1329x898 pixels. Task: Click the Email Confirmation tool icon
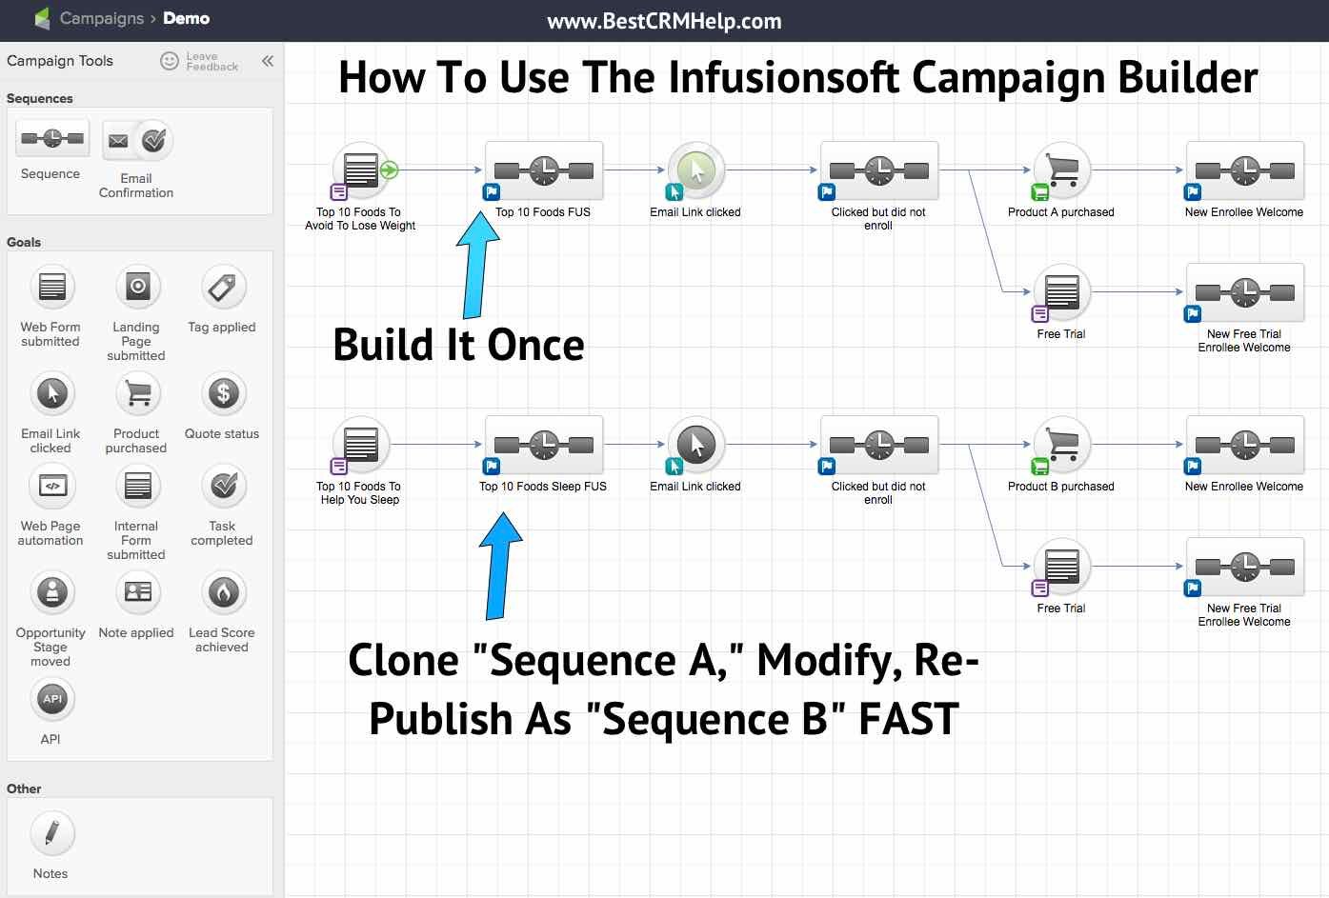point(136,142)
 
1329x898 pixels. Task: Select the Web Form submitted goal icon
point(51,287)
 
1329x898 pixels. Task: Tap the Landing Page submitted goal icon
point(137,287)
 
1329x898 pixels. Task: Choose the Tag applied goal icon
point(223,287)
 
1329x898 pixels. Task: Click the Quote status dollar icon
point(223,393)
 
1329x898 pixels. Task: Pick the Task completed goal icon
point(223,486)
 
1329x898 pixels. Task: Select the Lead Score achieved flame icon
point(223,592)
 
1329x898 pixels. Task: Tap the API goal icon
point(51,699)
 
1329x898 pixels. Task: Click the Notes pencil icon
point(51,833)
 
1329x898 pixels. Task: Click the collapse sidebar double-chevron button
point(268,61)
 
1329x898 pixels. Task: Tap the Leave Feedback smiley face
point(170,61)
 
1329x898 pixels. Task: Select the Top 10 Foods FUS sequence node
point(544,171)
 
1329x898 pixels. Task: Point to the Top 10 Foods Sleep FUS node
point(544,445)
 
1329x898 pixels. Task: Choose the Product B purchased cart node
point(1061,445)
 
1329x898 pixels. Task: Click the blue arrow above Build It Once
point(476,267)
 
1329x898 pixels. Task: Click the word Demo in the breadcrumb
point(187,18)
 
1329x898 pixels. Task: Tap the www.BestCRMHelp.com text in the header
point(664,21)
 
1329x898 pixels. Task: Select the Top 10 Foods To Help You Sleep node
point(360,445)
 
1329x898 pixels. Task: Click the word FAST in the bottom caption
point(908,719)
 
